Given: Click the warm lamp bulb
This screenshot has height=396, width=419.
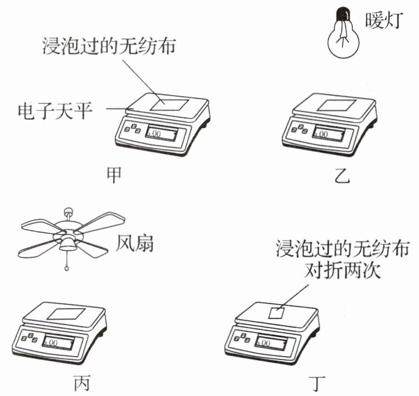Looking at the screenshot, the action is (343, 35).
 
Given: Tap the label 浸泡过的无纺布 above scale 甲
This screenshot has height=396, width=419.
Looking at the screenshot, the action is (109, 45).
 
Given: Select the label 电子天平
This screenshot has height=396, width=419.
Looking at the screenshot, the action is (56, 110).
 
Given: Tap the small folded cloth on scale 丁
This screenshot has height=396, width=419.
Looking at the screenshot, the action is (276, 312).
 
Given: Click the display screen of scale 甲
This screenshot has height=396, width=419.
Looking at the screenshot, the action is (163, 134).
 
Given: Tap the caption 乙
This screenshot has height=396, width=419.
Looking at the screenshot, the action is (343, 176).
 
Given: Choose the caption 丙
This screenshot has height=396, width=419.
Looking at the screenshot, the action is (81, 383).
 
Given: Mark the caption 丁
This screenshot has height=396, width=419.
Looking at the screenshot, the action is (318, 383).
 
